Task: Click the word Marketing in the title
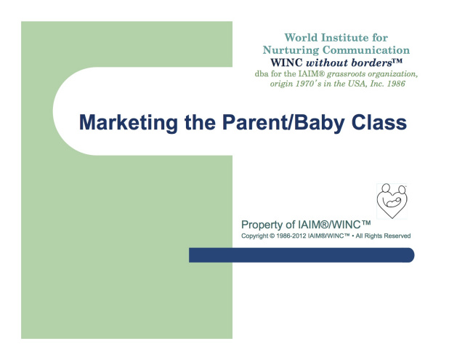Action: tap(129, 123)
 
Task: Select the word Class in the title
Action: tap(379, 122)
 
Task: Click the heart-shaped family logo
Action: tap(392, 201)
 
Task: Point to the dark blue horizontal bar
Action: tap(302, 255)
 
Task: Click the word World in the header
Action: tap(301, 38)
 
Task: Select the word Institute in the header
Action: tap(345, 38)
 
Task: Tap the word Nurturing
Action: tap(291, 50)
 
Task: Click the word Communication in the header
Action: tap(366, 50)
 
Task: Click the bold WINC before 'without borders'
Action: tap(286, 63)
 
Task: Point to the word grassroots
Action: tap(346, 74)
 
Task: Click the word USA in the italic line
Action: tap(357, 84)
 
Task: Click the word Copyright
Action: tap(254, 236)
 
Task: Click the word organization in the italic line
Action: tap(392, 74)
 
